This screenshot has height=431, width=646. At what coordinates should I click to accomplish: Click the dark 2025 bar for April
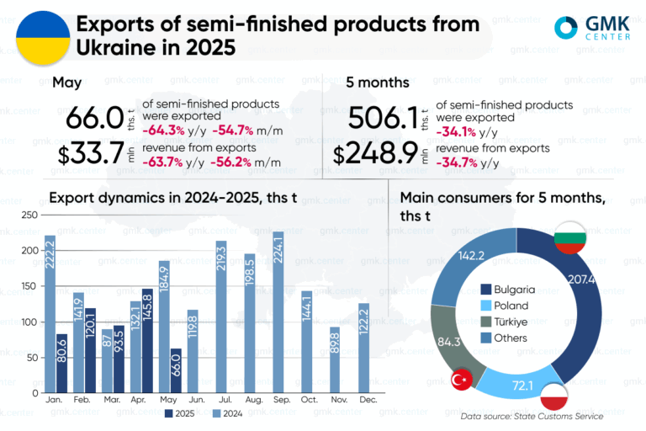click(x=147, y=341)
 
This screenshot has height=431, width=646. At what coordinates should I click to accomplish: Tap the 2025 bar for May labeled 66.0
click(x=175, y=370)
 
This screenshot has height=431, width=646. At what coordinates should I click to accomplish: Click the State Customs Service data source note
click(x=532, y=416)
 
